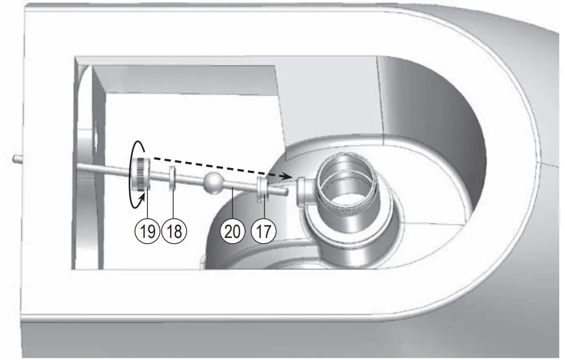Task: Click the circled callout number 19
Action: tap(147, 231)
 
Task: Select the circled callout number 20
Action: tap(232, 231)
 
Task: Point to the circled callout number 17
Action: tap(263, 231)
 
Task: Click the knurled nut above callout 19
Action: tap(142, 174)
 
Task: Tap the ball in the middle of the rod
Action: tap(213, 183)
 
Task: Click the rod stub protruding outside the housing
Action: tap(17, 157)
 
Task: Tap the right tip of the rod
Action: tap(286, 192)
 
